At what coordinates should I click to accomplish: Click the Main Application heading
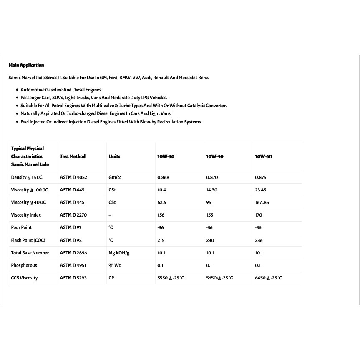click(x=26, y=65)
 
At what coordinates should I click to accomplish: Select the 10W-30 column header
click(x=166, y=156)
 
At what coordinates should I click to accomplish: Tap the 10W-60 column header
click(x=263, y=156)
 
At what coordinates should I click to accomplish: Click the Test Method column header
click(x=73, y=156)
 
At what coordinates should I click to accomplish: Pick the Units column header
click(x=114, y=156)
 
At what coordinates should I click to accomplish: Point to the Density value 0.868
click(x=163, y=177)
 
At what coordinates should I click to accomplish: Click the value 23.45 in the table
click(x=261, y=190)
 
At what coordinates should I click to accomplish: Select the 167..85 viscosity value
click(x=262, y=202)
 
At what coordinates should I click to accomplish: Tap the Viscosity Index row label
click(x=26, y=215)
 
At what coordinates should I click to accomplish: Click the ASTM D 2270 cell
click(x=74, y=215)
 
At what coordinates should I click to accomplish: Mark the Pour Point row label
click(x=21, y=227)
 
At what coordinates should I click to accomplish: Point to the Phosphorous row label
click(x=24, y=265)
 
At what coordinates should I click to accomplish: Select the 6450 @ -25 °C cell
click(x=268, y=278)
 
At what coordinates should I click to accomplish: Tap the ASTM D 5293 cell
click(x=73, y=278)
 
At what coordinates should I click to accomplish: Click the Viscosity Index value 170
click(x=259, y=215)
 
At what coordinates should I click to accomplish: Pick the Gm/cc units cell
click(x=115, y=177)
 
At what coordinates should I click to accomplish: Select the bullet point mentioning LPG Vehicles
click(x=94, y=98)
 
